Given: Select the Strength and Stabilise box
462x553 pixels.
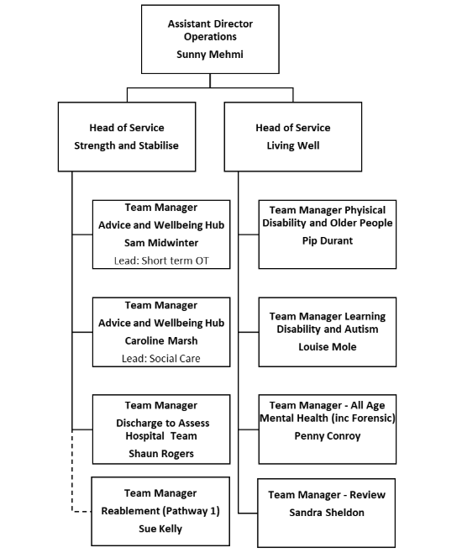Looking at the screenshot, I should coord(127,136).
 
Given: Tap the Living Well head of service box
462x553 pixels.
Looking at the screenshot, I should coord(293,136).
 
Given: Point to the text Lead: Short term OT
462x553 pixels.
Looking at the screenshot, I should coord(160,261).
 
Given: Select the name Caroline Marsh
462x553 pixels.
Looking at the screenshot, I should coord(160,340).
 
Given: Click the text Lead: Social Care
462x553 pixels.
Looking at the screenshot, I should coord(160,358).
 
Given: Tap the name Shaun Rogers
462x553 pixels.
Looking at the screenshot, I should coord(160,454).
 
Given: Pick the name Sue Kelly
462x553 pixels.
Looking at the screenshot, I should coord(160,530).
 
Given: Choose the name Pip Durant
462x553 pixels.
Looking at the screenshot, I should coord(327,240).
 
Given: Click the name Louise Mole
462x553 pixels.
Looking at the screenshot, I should coord(327,346).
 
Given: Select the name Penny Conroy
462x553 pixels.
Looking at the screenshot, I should coord(327,436).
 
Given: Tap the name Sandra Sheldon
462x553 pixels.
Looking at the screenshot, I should coord(327,512).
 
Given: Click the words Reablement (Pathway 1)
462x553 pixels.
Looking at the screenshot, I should coord(160,512).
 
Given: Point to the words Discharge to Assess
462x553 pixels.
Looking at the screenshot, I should coord(160,423).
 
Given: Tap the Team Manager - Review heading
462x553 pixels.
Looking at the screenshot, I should coord(327,494).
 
